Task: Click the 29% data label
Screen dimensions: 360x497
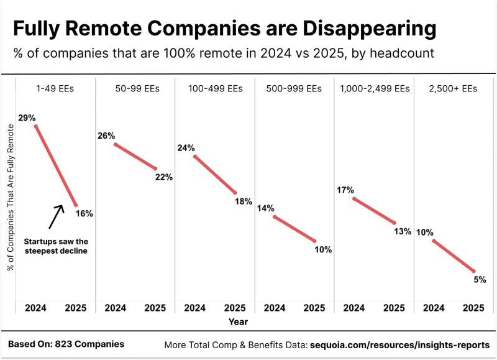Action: [26, 118]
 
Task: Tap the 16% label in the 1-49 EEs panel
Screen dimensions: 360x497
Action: [84, 213]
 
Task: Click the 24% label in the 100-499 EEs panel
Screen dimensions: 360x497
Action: [186, 148]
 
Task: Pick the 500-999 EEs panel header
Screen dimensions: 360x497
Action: [294, 89]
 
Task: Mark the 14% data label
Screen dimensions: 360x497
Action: [265, 208]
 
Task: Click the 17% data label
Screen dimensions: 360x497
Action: [345, 190]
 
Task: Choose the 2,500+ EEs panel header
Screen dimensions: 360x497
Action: [454, 89]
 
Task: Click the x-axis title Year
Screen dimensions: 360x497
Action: [238, 321]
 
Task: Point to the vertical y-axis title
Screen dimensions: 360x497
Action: [10, 198]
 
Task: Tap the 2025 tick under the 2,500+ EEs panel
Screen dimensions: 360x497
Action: [473, 308]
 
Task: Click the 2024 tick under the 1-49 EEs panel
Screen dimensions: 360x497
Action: [36, 308]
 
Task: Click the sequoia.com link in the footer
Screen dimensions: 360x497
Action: [399, 344]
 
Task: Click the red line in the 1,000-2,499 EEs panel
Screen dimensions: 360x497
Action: [374, 211]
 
